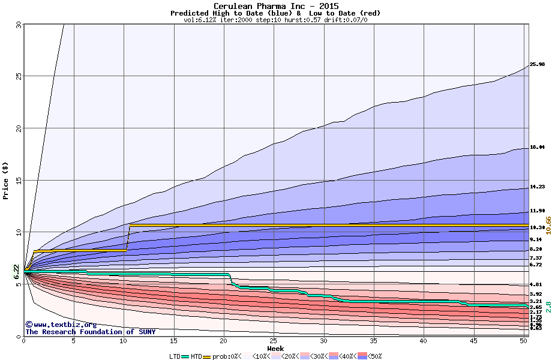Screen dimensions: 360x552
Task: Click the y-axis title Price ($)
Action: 6,180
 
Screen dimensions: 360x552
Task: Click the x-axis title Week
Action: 275,348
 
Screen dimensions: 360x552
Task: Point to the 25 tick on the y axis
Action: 18,76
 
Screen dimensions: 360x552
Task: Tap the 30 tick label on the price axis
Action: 18,25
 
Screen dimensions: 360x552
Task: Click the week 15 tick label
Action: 173,340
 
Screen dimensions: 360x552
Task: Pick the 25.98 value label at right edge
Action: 537,64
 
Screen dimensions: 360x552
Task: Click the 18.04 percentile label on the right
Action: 537,147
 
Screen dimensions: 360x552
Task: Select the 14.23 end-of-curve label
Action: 537,187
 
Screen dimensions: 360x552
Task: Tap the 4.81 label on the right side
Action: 535,284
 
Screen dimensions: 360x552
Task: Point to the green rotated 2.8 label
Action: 548,307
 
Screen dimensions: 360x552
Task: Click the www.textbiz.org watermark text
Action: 61,325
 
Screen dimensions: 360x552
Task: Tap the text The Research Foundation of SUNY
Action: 90,332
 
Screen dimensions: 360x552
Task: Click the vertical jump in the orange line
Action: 128,238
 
